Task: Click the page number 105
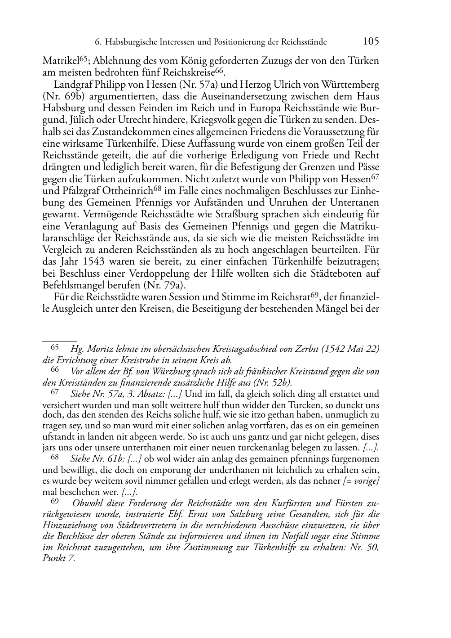tap(371, 41)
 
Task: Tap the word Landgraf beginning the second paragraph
tap(70, 84)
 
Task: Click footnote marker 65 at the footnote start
tap(54, 347)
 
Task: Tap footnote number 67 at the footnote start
tap(54, 393)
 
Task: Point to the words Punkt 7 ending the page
tap(58, 558)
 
